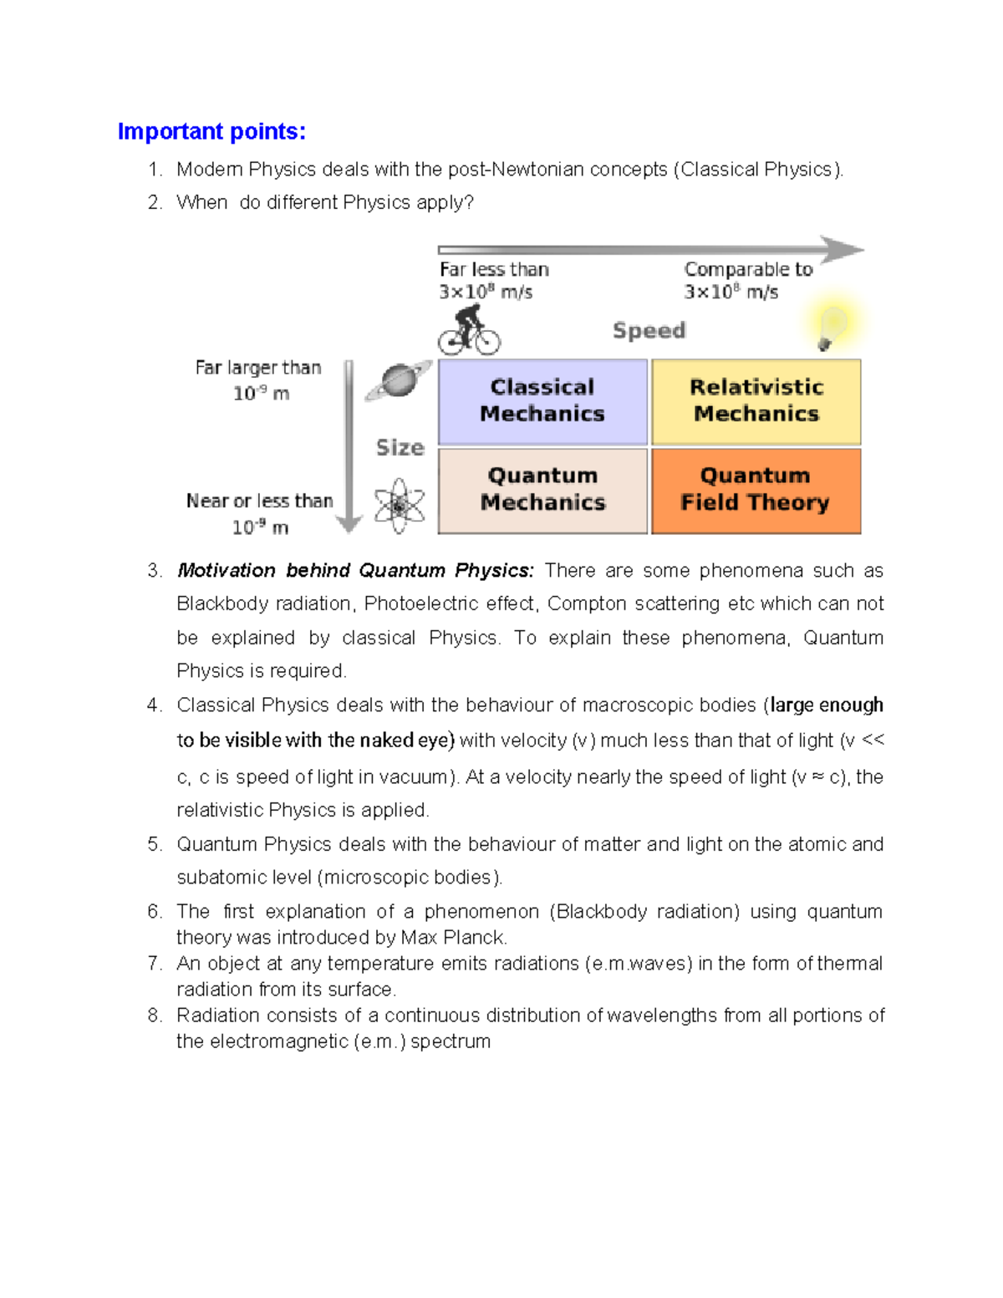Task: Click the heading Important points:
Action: tap(211, 132)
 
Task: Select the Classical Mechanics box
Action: tap(542, 401)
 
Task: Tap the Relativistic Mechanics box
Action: tap(756, 401)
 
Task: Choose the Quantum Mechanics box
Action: tap(542, 490)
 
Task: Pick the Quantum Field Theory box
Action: tap(756, 490)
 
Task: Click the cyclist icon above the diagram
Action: tap(469, 330)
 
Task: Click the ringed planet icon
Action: tap(400, 380)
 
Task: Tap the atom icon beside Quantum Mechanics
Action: tap(399, 506)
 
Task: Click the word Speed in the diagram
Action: tap(649, 330)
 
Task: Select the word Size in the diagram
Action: tap(400, 448)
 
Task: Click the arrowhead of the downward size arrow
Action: tap(349, 524)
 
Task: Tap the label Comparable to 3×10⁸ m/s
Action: tap(747, 281)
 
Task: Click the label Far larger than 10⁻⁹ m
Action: tap(258, 380)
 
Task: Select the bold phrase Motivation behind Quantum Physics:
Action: tap(354, 571)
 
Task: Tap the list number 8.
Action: tap(154, 1015)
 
